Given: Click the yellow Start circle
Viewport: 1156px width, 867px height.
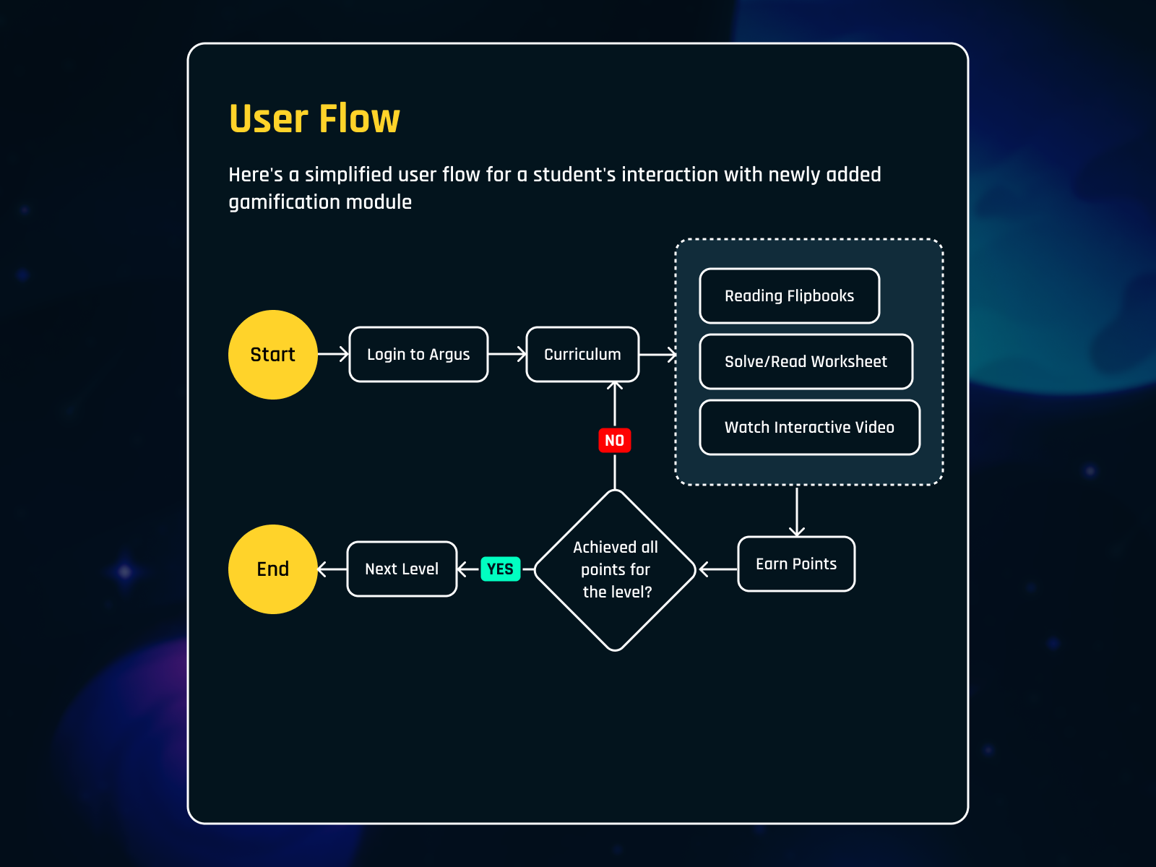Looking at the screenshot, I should point(272,354).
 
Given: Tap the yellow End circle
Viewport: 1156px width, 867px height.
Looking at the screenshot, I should point(272,569).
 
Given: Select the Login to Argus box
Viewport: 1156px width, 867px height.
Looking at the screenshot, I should point(418,354).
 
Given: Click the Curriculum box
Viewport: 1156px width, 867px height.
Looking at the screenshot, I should point(582,354).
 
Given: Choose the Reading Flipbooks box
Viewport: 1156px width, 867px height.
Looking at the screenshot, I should point(789,296).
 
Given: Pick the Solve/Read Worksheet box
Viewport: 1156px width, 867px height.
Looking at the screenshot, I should point(806,361).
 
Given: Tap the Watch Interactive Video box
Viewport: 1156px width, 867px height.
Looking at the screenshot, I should point(809,427).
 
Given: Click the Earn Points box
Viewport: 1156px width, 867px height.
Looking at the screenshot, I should point(796,564).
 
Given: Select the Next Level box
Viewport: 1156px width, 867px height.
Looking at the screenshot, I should point(402,569).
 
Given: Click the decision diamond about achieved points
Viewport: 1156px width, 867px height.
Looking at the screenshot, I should point(615,569).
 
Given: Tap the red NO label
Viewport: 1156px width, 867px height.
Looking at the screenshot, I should point(614,440).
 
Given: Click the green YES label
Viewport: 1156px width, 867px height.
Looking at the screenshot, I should point(500,569).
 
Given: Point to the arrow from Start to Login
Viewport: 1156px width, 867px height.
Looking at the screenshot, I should point(334,354).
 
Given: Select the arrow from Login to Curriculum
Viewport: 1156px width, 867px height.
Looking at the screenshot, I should point(508,354).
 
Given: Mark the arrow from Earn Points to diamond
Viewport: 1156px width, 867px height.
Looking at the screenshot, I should point(718,569).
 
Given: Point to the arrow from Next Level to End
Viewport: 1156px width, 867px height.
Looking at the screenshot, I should point(332,569).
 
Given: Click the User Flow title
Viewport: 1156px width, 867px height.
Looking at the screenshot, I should point(314,118).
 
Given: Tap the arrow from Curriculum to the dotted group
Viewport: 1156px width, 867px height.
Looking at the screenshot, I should point(658,354).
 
